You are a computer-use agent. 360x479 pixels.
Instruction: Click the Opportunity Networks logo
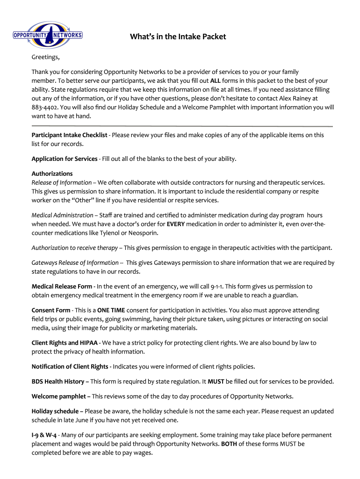pos(47,35)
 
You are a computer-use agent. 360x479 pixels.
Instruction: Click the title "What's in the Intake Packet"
pos(178,36)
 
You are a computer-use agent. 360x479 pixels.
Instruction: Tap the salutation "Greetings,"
pos(46,58)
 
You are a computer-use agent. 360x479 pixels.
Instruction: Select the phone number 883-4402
pos(46,107)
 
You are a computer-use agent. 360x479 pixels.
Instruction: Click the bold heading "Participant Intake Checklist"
pos(69,135)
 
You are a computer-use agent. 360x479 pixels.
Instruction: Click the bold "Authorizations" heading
pos(52,174)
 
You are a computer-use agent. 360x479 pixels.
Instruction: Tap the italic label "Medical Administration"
pos(62,215)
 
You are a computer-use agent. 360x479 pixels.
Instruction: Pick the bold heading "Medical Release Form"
pos(62,286)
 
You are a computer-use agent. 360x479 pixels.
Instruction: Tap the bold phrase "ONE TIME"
pos(111,310)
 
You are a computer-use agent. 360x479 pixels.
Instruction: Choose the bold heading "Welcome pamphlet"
pos(58,396)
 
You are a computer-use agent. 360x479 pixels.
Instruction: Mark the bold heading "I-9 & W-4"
pos(45,435)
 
